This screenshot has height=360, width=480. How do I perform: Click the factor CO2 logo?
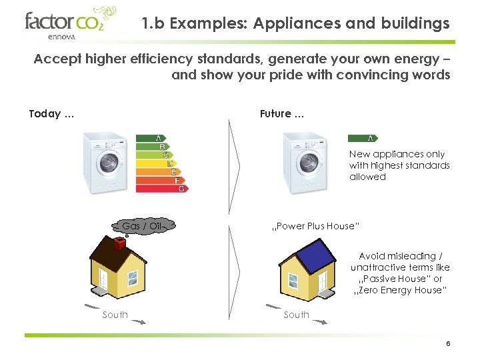coord(70,24)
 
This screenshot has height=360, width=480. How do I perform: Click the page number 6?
coord(448,344)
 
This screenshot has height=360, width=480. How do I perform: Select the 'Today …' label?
coord(51,114)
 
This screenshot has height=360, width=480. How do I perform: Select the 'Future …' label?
coord(282,114)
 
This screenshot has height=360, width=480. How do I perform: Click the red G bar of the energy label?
coord(179,189)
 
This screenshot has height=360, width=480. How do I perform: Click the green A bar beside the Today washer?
coord(150,138)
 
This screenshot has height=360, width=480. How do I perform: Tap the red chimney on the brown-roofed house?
coord(121,244)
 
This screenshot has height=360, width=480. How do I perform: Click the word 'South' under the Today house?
coord(115,315)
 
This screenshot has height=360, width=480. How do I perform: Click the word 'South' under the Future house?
coord(297,315)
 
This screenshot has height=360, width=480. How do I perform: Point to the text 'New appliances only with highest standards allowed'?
coord(399,165)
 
